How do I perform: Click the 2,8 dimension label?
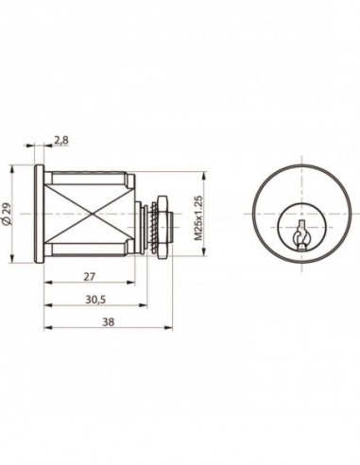pyautogui.click(x=60, y=140)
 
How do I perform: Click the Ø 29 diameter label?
pyautogui.click(x=8, y=214)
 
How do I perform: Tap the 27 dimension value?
pyautogui.click(x=89, y=277)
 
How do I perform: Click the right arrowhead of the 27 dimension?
pyautogui.click(x=131, y=284)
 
